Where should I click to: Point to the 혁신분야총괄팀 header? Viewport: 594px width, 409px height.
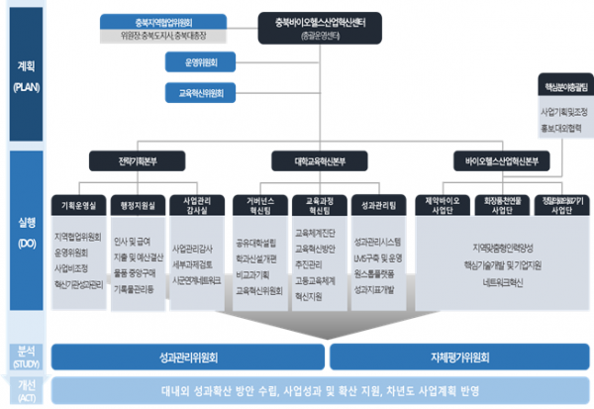[560, 87]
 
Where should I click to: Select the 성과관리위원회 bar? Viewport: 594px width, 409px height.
[187, 356]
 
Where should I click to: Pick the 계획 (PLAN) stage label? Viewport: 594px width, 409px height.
[24, 77]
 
